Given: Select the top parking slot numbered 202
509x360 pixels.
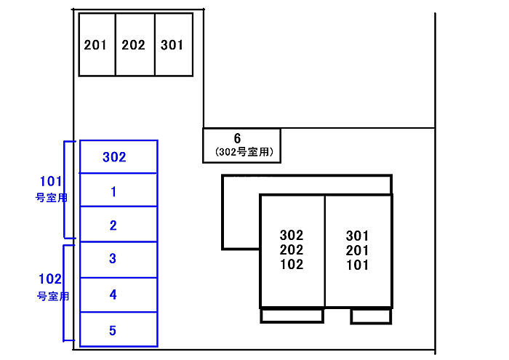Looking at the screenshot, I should tap(135, 44).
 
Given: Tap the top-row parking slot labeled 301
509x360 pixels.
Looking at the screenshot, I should tap(173, 44).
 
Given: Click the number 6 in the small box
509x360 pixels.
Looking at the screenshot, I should tap(238, 138).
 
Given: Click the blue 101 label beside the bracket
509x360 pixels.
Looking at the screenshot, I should tap(51, 181).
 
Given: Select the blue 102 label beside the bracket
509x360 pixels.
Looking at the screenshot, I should tap(51, 279).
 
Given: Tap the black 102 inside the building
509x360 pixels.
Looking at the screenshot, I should tap(292, 265).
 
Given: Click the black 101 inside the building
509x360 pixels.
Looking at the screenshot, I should tap(357, 265).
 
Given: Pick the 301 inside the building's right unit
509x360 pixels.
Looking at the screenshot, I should tap(357, 236).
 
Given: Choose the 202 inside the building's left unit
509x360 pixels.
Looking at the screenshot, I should tap(292, 250).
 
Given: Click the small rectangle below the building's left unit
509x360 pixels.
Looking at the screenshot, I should tap(292, 316).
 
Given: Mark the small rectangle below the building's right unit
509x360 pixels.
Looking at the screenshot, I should tap(372, 316).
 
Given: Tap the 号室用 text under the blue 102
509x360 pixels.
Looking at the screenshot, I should tap(52, 296).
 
